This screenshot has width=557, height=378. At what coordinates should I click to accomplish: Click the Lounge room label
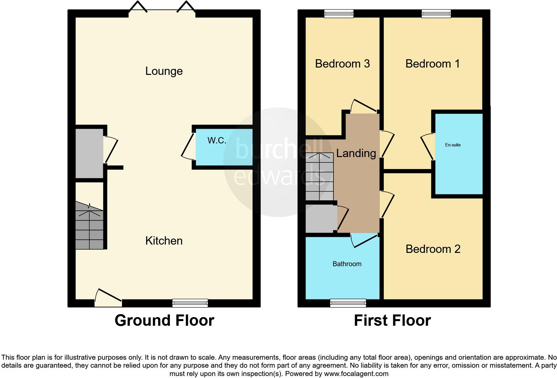coord(164,71)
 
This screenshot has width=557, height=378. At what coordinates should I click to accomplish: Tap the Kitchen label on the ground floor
coord(164,241)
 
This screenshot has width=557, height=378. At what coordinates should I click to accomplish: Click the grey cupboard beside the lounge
coord(89,153)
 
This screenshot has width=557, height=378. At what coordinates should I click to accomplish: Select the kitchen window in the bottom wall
coord(190,303)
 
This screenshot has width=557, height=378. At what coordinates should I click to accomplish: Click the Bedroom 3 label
coord(342,64)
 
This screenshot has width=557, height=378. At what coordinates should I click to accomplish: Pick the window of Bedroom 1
coord(436,13)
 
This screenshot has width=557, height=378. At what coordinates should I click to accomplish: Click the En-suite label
coord(453,145)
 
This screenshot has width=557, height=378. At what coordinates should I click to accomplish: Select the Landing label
coord(356,153)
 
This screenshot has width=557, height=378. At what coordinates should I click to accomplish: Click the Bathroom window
coord(348,303)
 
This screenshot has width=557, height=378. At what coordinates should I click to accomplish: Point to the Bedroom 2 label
coord(433,249)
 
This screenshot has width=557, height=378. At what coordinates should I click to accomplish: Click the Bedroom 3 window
coord(339,13)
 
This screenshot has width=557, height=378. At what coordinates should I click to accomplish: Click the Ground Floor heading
coord(164,320)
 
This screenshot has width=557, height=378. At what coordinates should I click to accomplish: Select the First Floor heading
coord(392,320)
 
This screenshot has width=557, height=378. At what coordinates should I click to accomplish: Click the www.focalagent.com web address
coord(356,374)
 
